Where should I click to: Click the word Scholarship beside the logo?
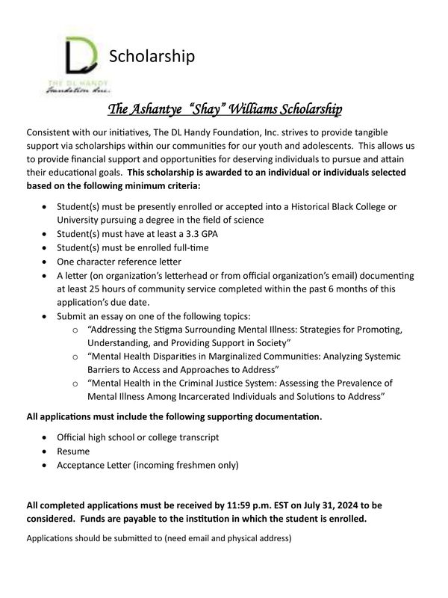coord(152,56)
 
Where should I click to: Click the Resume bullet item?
coord(74,451)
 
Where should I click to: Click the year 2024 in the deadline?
coord(323,505)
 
